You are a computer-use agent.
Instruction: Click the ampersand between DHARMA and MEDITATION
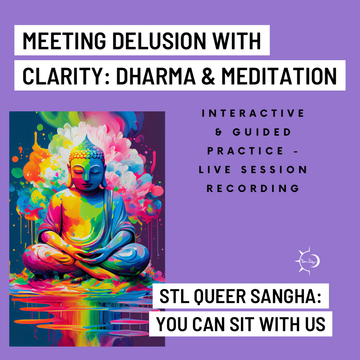click(x=208, y=76)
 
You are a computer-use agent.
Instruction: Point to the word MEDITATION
click(x=279, y=76)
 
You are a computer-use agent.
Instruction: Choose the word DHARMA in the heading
click(x=156, y=76)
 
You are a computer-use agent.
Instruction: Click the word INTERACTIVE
click(x=253, y=113)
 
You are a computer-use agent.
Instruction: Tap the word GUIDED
click(x=262, y=132)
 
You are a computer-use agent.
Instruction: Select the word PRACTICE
click(x=245, y=151)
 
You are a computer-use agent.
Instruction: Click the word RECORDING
click(x=253, y=188)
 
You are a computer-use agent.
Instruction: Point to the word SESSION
click(x=274, y=170)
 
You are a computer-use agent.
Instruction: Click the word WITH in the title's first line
click(x=236, y=41)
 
